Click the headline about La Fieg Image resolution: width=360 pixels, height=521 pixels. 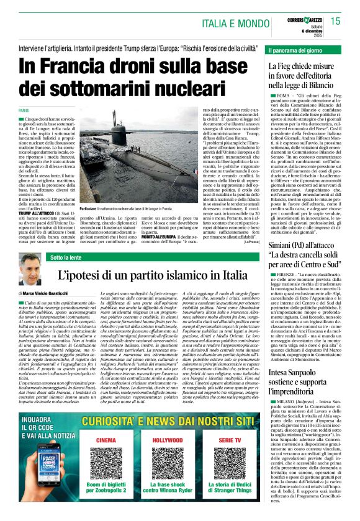tap(304, 79)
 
